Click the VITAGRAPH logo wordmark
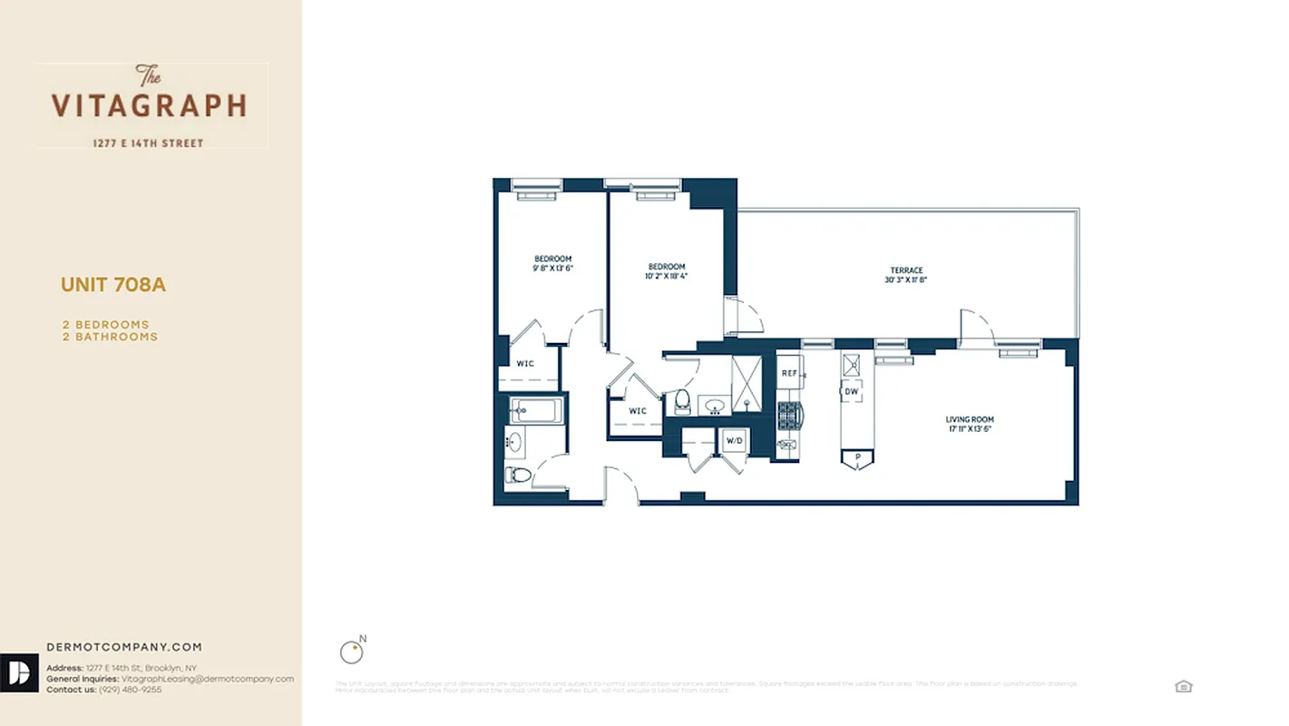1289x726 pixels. pos(149,105)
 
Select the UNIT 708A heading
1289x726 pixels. pos(113,285)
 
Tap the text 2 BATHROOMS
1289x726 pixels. pos(110,337)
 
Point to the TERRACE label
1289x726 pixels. pos(906,270)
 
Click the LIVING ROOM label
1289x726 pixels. pos(970,419)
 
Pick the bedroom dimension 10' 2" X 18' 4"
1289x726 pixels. pos(666,276)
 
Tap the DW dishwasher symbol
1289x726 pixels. pos(852,392)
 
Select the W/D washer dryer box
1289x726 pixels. pos(732,442)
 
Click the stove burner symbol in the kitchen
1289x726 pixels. pos(789,416)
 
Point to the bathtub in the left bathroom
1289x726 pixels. pos(536,411)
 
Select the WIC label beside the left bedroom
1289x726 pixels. pos(525,363)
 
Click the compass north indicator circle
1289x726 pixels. pos(350,652)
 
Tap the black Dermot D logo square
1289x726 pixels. pos(19,672)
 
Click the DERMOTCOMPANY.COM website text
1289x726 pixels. pos(124,647)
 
